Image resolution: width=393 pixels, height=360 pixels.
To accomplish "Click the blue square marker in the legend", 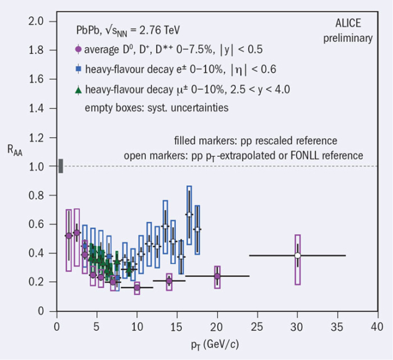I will (77, 69).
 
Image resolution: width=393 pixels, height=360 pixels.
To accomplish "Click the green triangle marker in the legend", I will (77, 89).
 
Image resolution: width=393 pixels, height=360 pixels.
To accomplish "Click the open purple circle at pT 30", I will (297, 255).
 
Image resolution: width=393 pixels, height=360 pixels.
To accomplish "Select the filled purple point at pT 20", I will (217, 276).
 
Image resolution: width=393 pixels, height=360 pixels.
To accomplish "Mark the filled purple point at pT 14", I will (169, 281).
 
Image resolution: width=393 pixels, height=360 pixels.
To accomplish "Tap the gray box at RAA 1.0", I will (60, 166).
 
